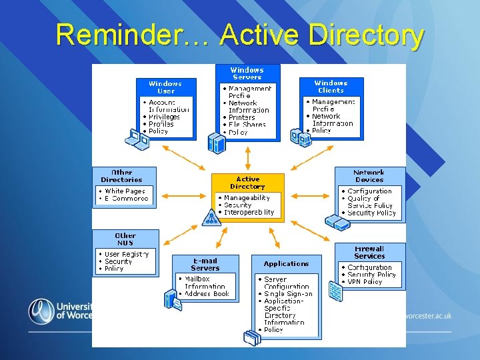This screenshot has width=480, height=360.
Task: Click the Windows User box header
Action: [165, 87]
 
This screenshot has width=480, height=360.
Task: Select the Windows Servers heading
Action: [247, 73]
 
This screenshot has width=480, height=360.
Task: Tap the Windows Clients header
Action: [331, 87]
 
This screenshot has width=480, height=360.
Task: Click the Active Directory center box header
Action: [247, 183]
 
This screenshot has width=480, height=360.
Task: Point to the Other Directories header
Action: [121, 176]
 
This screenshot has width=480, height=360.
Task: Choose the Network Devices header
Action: [369, 176]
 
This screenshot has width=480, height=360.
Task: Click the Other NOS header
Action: [125, 239]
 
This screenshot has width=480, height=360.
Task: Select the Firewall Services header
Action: [369, 252]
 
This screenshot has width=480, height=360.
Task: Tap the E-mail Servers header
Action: [205, 264]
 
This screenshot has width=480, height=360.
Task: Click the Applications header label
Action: [286, 264]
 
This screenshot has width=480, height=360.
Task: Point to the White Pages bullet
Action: [125, 191]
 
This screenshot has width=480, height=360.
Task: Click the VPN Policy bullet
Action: [364, 282]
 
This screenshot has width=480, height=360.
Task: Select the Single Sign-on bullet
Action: [287, 294]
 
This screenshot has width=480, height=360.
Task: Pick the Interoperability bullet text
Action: [249, 213]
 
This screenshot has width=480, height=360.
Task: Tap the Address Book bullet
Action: [207, 293]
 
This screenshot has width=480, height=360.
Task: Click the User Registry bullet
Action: [127, 254]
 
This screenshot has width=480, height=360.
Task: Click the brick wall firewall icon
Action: [335, 292]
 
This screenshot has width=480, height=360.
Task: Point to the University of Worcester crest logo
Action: [41, 311]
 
